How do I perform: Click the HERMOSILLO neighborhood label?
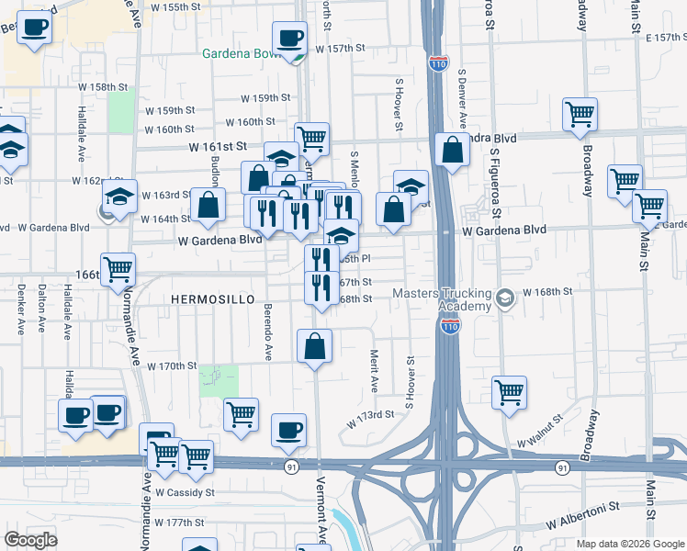point(211,300)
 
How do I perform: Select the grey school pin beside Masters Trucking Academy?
point(504,299)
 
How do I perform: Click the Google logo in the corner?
point(31,539)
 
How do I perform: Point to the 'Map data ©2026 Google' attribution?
point(629,544)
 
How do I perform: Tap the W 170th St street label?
point(165,366)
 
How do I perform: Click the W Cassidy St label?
point(185,493)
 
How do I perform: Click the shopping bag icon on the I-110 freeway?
point(453,150)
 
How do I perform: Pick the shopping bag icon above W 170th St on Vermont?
point(314,347)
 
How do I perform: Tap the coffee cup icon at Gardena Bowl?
point(291,39)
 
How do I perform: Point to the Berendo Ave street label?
point(268,332)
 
